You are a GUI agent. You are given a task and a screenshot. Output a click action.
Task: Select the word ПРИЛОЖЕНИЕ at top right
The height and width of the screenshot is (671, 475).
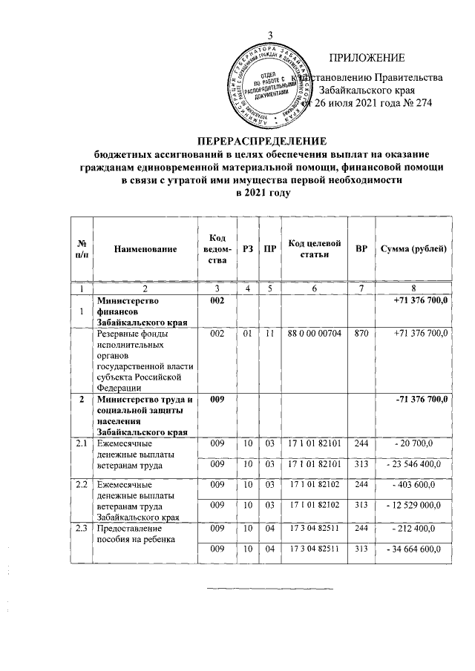pos(367,58)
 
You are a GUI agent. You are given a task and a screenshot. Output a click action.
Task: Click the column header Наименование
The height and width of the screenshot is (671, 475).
pos(145,249)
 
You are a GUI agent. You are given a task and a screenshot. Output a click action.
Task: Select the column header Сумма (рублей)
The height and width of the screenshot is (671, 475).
pos(413,248)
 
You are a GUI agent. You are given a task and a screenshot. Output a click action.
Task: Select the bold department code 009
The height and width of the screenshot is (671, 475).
pos(217,400)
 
